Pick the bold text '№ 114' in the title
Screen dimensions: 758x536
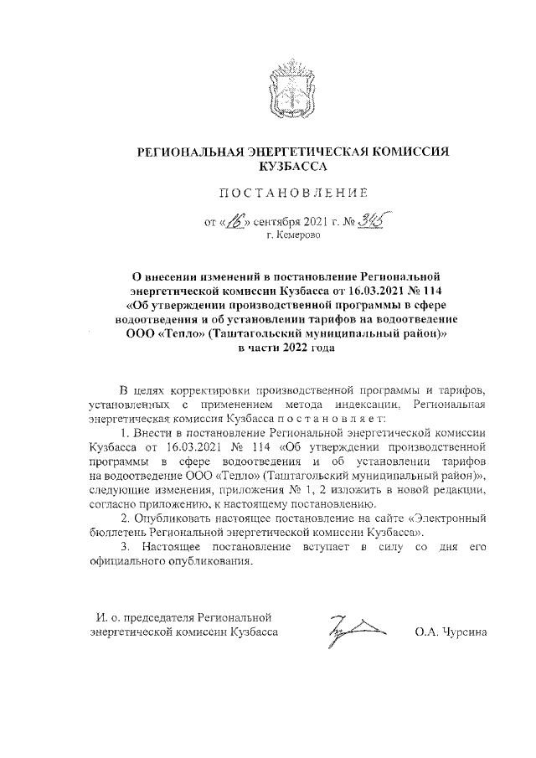pyautogui.click(x=425, y=289)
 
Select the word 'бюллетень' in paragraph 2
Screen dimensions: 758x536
pyautogui.click(x=116, y=534)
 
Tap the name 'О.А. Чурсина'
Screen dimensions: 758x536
pyautogui.click(x=451, y=634)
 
